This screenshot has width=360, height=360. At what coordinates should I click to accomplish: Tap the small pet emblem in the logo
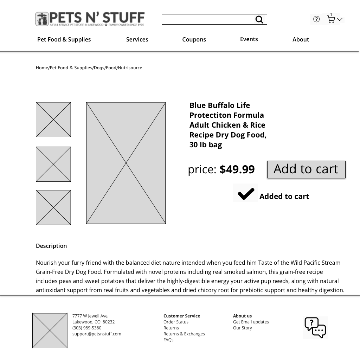click(x=41, y=19)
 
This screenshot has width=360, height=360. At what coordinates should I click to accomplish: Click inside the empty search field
click(x=207, y=19)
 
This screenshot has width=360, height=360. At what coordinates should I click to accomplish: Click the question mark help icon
click(x=316, y=19)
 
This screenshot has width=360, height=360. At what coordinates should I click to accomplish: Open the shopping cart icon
click(x=330, y=20)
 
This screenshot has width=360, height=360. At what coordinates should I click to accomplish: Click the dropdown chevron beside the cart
click(x=340, y=20)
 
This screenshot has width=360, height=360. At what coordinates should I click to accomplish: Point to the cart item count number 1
click(x=331, y=15)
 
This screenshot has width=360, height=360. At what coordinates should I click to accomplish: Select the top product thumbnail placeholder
click(x=53, y=120)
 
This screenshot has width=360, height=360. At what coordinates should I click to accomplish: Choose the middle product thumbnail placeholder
click(x=53, y=164)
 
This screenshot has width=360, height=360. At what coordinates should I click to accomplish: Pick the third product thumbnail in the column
click(x=53, y=207)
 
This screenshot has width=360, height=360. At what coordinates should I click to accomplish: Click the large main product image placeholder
click(x=126, y=163)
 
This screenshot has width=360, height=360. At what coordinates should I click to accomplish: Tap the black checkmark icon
click(x=246, y=193)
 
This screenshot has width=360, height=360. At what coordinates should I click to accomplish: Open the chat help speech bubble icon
click(x=315, y=328)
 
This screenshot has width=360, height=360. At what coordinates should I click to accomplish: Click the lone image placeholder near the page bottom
click(x=50, y=330)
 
